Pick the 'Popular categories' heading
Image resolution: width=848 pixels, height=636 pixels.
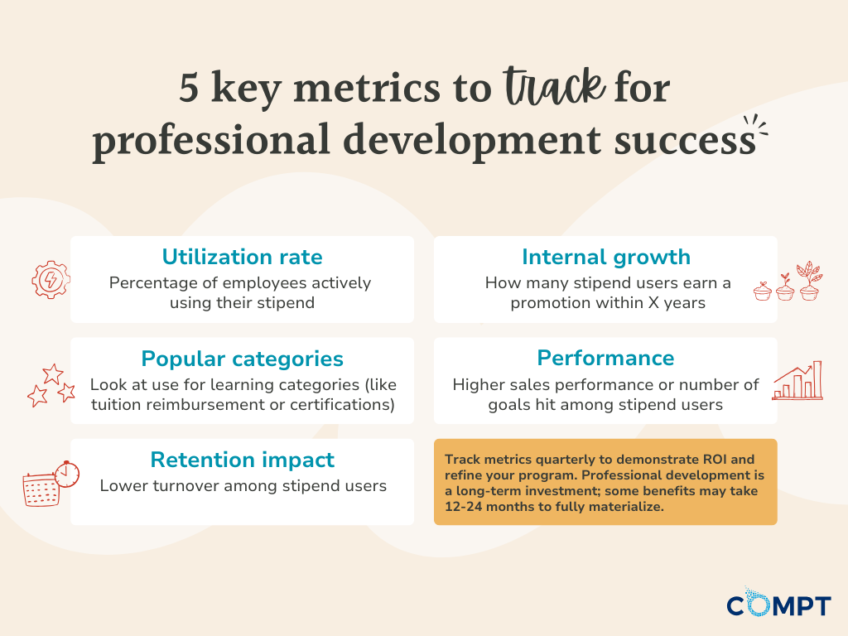click(x=242, y=359)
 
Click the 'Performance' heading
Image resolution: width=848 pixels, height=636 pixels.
click(x=605, y=358)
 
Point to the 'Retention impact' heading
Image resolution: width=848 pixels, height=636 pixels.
click(x=242, y=460)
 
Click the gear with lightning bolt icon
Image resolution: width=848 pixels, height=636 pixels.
click(x=51, y=279)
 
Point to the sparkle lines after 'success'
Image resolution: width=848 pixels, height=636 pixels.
click(x=755, y=128)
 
